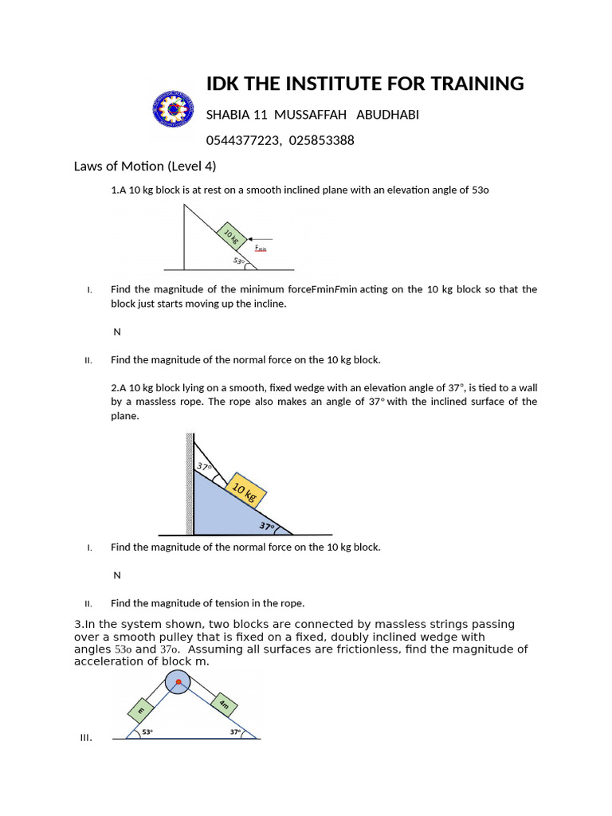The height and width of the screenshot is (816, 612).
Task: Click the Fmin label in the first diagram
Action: pyautogui.click(x=261, y=249)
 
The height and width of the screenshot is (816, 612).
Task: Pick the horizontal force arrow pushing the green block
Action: pyautogui.click(x=261, y=238)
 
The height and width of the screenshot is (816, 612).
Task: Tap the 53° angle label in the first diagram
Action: pyautogui.click(x=238, y=260)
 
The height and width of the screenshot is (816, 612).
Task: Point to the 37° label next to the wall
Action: pyautogui.click(x=204, y=467)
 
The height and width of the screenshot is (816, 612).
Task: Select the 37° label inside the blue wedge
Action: pyautogui.click(x=267, y=526)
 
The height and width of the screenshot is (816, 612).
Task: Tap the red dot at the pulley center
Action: pyautogui.click(x=177, y=683)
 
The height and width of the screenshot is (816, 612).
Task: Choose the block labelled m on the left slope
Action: pyautogui.click(x=141, y=707)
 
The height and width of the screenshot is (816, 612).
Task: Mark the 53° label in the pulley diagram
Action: pyautogui.click(x=147, y=732)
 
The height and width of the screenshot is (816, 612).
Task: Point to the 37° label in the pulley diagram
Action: pyautogui.click(x=236, y=732)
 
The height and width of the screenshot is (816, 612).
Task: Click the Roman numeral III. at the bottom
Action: pyautogui.click(x=86, y=738)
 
